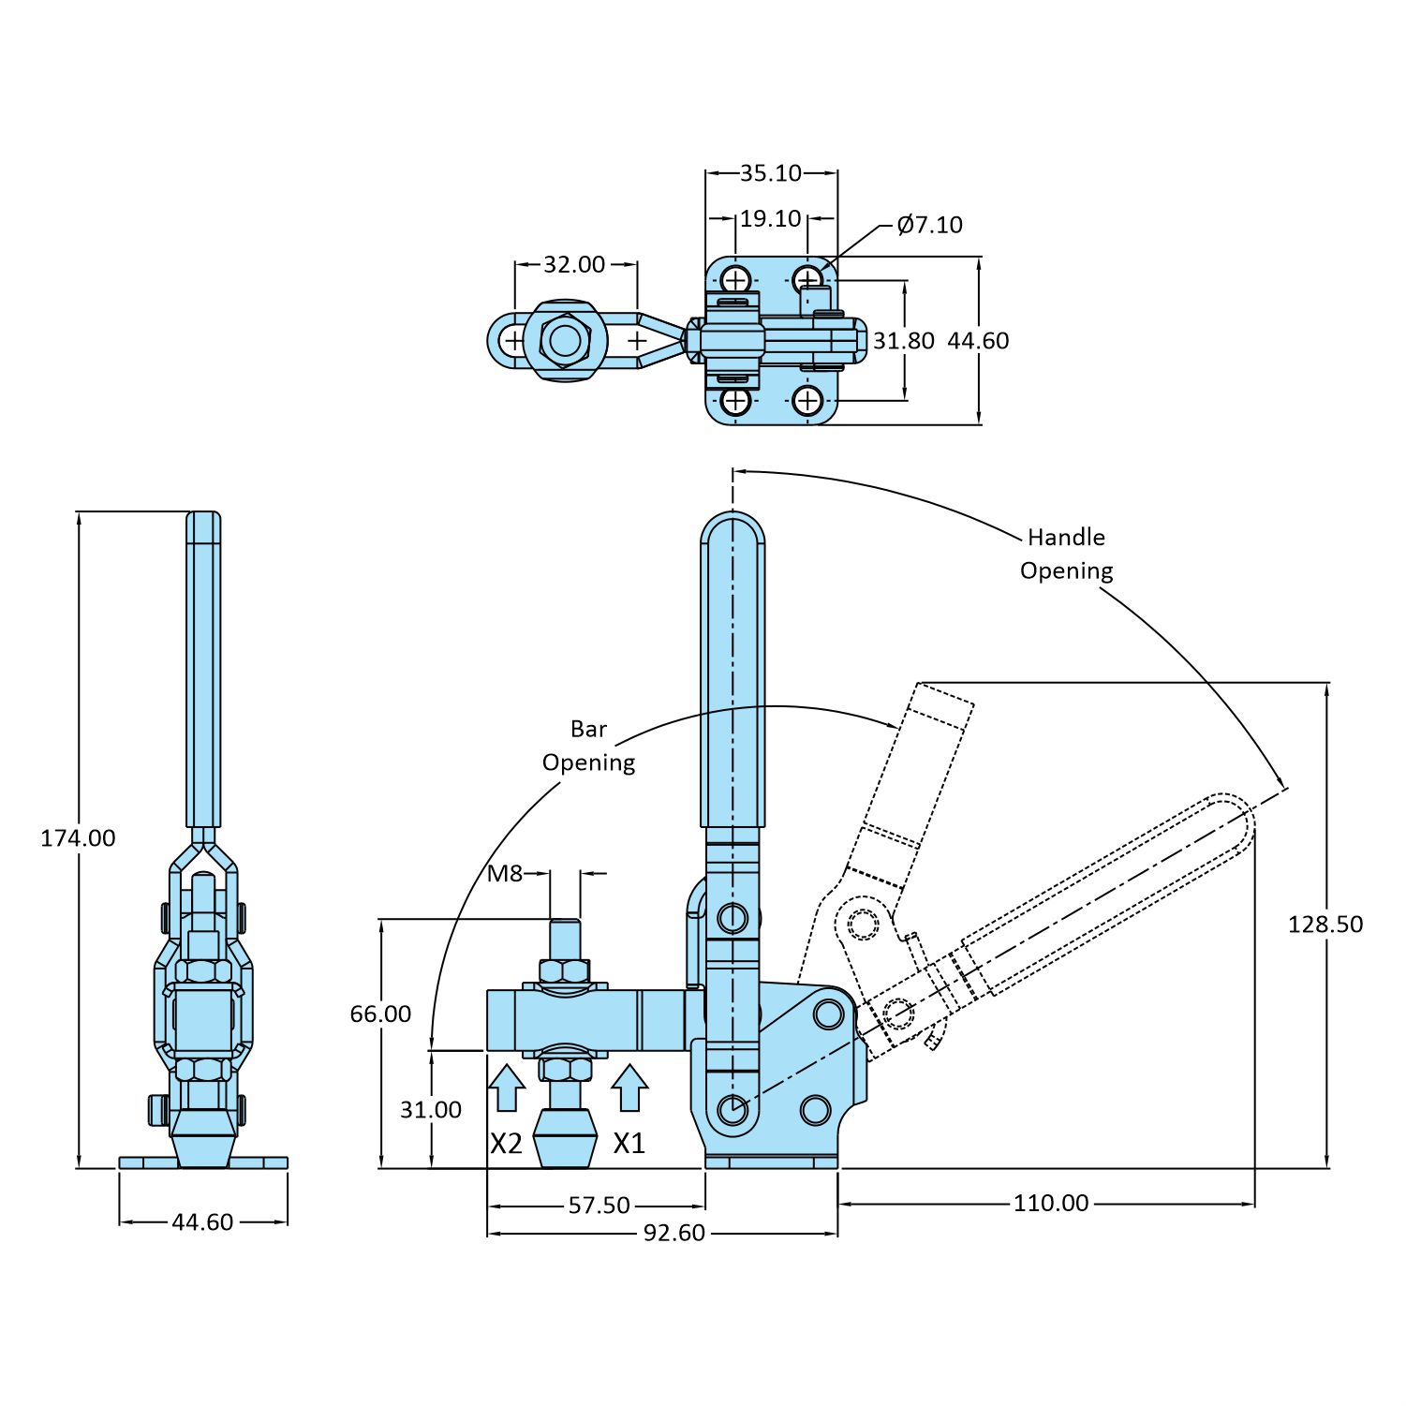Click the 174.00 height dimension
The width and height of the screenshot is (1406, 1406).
click(78, 838)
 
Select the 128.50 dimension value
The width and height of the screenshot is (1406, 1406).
click(1325, 925)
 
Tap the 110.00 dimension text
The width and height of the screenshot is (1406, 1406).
click(1050, 1204)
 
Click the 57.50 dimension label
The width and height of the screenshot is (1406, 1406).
click(599, 1206)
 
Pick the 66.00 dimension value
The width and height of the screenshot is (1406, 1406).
click(380, 1014)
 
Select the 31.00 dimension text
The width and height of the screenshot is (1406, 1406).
click(431, 1110)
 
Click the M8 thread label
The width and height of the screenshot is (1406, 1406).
click(505, 874)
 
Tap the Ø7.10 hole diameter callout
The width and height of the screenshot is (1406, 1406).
click(929, 225)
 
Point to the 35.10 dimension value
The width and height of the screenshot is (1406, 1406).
click(770, 173)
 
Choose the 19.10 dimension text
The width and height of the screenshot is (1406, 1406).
click(770, 219)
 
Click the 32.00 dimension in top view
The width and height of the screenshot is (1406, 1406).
click(574, 265)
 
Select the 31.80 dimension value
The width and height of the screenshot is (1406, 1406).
click(903, 341)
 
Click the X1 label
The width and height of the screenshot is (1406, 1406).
click(629, 1144)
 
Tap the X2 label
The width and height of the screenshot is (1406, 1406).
click(506, 1144)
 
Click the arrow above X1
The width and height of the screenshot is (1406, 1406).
click(629, 1088)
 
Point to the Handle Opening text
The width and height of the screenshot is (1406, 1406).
click(1066, 554)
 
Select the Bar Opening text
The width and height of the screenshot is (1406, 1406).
click(588, 746)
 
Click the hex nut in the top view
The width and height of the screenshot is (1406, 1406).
click(564, 340)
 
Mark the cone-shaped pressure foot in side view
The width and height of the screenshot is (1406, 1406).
click(565, 1138)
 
